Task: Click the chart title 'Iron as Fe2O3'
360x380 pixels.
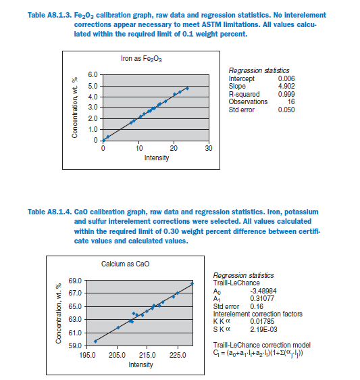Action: [141, 59]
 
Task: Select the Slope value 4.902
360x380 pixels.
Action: [286, 87]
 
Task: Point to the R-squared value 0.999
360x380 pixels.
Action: [286, 94]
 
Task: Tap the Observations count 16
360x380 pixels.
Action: [291, 102]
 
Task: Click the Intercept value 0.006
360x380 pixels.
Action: [286, 78]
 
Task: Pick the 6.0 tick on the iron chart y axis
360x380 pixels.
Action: [93, 74]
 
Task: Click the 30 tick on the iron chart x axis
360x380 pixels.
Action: [209, 148]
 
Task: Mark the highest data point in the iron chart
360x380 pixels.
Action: [187, 89]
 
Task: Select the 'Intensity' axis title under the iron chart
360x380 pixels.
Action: [157, 158]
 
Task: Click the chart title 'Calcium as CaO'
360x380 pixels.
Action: [125, 264]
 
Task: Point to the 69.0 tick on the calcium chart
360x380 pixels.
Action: [75, 281]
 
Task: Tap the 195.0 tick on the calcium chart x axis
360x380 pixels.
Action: [87, 355]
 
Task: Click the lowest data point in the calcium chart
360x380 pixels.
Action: [95, 341]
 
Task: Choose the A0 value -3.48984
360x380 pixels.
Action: [263, 291]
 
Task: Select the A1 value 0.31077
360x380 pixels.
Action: [262, 298]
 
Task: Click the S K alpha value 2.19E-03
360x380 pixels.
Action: [263, 329]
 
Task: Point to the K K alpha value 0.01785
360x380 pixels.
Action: [262, 322]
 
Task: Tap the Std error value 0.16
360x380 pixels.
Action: [257, 306]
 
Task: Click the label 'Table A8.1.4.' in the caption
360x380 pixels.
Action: [49, 212]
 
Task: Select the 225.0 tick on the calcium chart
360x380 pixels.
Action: [178, 355]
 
